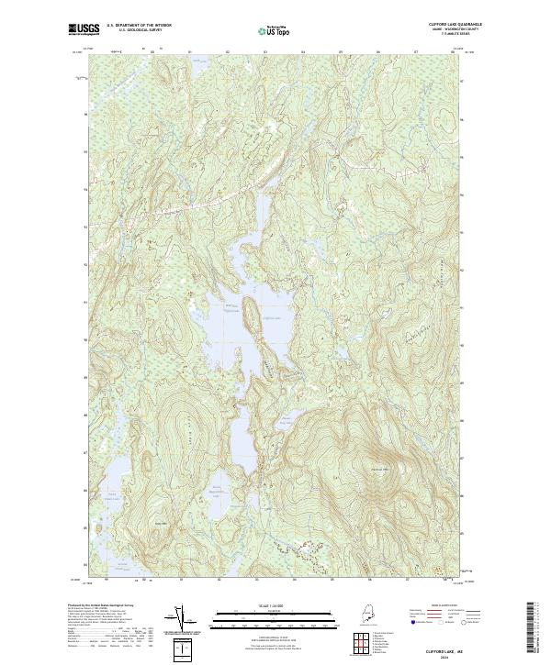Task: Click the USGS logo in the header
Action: tap(82, 29)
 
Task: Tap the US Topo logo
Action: tap(275, 30)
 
